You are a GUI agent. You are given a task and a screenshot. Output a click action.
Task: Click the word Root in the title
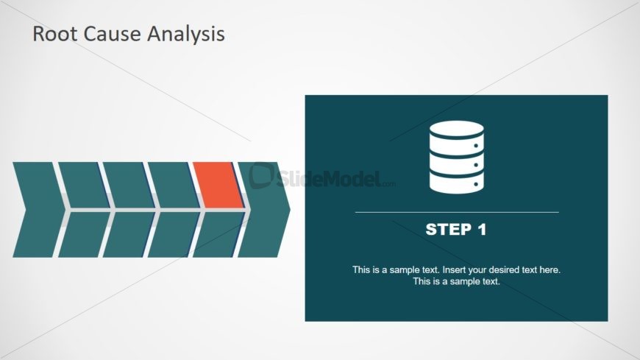pyautogui.click(x=54, y=34)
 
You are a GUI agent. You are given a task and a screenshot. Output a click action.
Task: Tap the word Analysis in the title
pyautogui.click(x=185, y=35)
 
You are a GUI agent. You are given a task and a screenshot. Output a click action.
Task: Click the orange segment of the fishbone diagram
pyautogui.click(x=218, y=185)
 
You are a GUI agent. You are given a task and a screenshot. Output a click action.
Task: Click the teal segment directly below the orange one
pyautogui.click(x=218, y=235)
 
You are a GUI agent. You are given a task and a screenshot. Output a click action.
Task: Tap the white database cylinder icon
pyautogui.click(x=457, y=157)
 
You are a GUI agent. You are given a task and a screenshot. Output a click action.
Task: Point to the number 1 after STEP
pyautogui.click(x=483, y=230)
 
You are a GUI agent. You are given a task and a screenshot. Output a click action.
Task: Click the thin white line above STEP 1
pyautogui.click(x=457, y=212)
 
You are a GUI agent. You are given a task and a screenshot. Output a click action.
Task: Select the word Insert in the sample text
pyautogui.click(x=455, y=269)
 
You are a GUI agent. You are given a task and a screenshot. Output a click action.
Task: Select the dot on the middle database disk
pyautogui.click(x=476, y=165)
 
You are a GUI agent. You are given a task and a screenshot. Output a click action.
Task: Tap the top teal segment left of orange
pyautogui.click(x=174, y=185)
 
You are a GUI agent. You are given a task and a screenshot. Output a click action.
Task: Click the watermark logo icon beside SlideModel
pyautogui.click(x=262, y=175)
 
